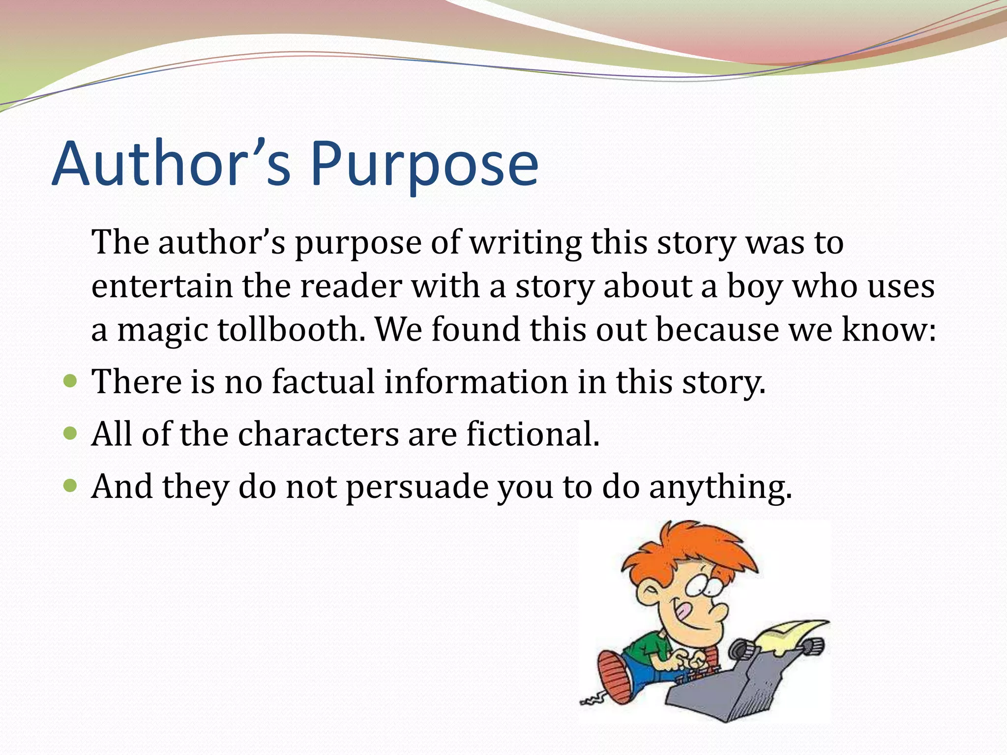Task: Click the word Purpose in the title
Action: tap(424, 165)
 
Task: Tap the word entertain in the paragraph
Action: tap(162, 287)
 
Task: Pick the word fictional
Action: tap(533, 435)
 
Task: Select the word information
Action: tap(475, 382)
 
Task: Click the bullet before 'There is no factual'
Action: tap(71, 381)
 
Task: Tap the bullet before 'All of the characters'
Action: tap(71, 434)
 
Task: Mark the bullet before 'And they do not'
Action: tap(71, 486)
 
